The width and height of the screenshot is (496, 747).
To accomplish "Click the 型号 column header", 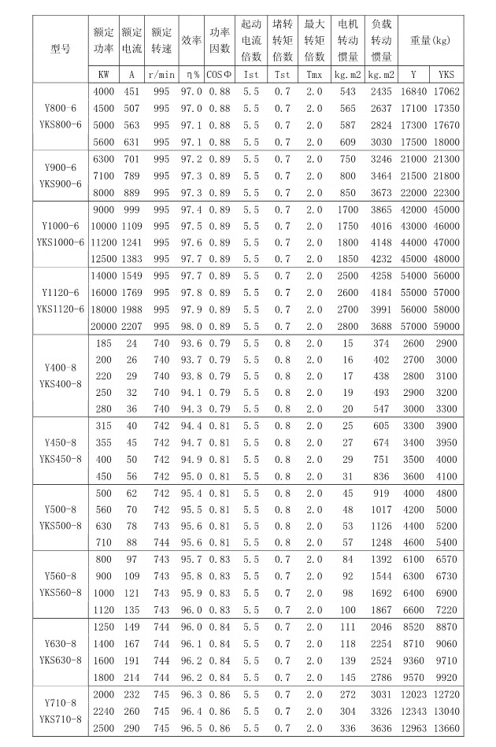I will (x=61, y=48).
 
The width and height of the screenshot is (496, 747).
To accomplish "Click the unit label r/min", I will (x=161, y=75).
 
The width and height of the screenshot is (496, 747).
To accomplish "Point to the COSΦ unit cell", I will (x=220, y=75).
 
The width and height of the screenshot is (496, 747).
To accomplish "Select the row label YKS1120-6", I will (x=61, y=309).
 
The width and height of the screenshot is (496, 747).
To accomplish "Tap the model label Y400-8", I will (x=61, y=368).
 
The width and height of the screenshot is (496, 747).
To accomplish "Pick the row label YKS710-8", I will (x=61, y=719).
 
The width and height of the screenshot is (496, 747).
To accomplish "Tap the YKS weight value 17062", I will (x=447, y=92).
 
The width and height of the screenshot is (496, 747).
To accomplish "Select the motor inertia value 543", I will (x=347, y=92).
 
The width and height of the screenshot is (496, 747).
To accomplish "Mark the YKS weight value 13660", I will (x=447, y=728).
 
